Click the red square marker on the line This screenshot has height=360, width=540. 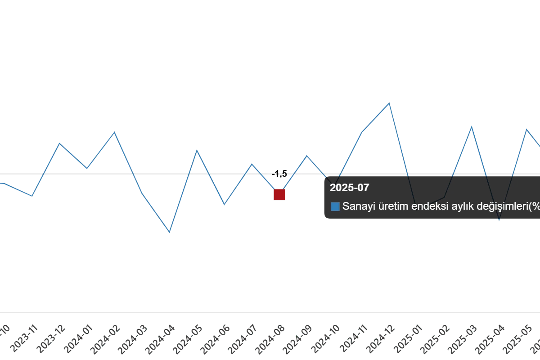click(279, 195)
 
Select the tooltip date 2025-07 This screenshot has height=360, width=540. click(349, 188)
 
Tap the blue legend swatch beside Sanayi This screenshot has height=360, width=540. click(335, 207)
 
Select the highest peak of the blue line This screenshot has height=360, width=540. click(390, 103)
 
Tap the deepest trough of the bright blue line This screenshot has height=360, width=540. click(170, 232)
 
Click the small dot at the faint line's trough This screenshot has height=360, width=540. click(499, 221)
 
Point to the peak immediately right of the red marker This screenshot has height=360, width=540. click(307, 156)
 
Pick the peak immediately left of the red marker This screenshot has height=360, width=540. click(252, 164)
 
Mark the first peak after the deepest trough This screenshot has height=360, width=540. click(197, 149)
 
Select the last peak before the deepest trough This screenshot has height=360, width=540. click(114, 132)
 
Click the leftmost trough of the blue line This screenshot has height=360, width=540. click(32, 196)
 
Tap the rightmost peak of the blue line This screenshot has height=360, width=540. click(526, 129)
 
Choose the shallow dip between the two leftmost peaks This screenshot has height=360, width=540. click(87, 168)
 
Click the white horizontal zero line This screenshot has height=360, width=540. click(135, 175)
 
